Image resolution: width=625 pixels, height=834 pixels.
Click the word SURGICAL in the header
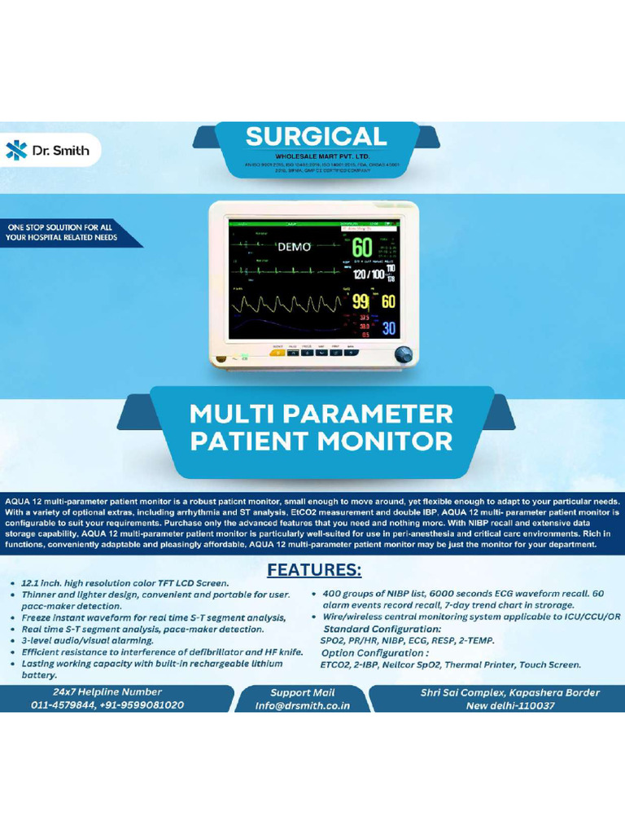pos(317,136)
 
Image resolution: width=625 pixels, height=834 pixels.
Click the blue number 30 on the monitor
pos(388,328)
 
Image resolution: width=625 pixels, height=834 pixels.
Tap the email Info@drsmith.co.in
pos(302,706)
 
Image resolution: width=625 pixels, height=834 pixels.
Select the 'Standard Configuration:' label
pos(382,629)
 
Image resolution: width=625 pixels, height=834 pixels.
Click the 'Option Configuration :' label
pos(375,652)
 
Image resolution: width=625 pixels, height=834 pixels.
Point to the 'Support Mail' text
pos(303,692)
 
